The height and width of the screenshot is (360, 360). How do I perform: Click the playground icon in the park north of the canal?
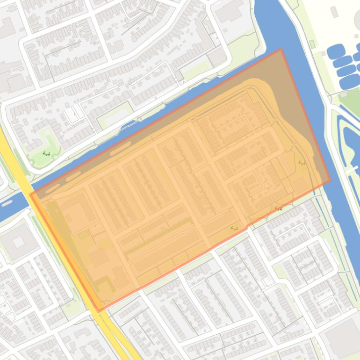click(x=46, y=153)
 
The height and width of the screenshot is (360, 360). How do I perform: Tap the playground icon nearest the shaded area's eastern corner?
click(x=302, y=163)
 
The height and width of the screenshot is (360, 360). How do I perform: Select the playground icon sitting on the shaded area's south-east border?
click(x=279, y=209)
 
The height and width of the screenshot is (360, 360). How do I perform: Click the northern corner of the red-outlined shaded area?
click(x=281, y=49)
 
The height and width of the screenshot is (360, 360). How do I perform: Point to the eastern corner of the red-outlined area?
click(x=330, y=181)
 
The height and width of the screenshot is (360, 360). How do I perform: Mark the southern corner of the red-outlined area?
click(x=99, y=311)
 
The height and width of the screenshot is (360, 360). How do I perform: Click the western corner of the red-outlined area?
click(x=30, y=194)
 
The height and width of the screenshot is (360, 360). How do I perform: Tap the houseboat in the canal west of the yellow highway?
click(x=7, y=203)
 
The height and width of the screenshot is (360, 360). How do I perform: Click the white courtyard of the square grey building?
click(x=18, y=242)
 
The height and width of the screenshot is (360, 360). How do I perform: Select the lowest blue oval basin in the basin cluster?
click(x=349, y=82)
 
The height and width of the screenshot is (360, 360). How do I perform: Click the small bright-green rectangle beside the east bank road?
click(x=312, y=44)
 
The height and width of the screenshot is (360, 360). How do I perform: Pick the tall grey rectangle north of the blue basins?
click(x=334, y=12)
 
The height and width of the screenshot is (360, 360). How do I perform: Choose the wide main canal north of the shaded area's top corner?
click(x=276, y=23)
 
